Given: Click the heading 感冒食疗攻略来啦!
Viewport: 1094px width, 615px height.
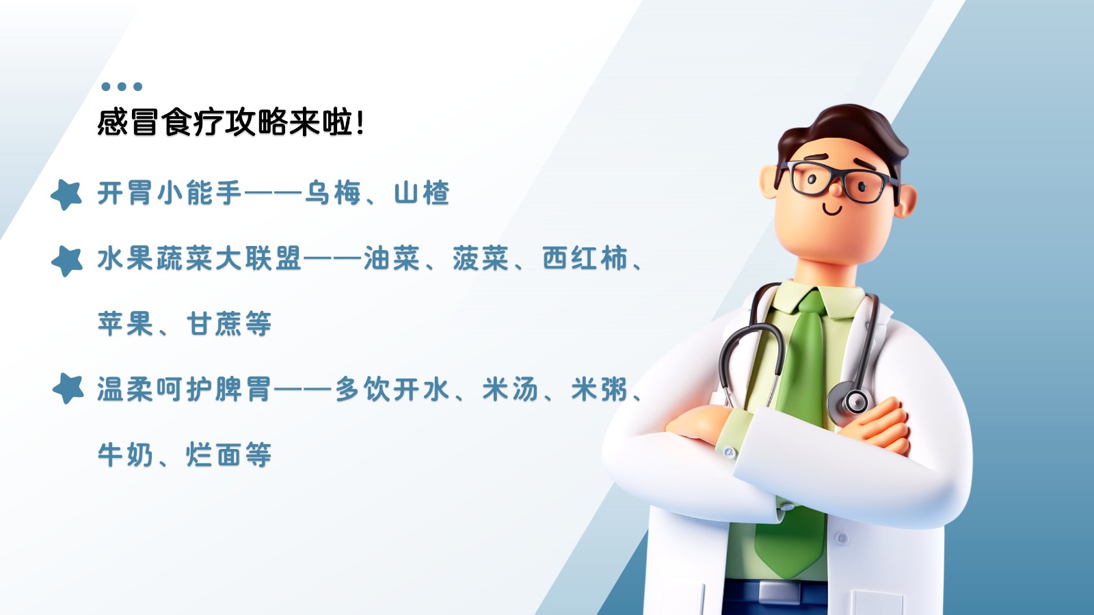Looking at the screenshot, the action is click(230, 122).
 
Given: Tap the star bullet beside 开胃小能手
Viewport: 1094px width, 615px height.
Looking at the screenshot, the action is click(66, 195).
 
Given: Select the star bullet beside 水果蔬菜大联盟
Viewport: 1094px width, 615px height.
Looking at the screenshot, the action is click(67, 261).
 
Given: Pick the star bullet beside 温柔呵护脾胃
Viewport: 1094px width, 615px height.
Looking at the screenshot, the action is click(68, 389).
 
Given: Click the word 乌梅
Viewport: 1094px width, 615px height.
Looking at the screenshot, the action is click(333, 193).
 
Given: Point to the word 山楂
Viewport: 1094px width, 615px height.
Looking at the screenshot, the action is click(422, 193).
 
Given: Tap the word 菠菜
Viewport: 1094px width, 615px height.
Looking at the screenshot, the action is click(481, 258).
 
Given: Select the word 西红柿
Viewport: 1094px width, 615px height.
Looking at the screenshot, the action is click(585, 258).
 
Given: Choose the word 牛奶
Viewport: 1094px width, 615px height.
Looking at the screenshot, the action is click(126, 454).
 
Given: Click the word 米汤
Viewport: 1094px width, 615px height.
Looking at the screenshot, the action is click(510, 389).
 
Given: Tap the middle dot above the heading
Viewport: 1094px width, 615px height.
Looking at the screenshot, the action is click(122, 86).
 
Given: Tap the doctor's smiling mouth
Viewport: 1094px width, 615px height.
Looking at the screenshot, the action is click(832, 210).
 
